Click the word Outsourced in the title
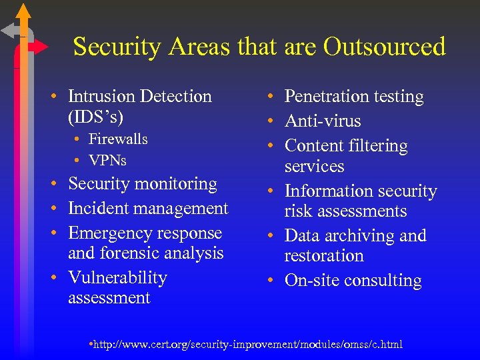(384, 47)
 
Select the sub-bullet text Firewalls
(118, 139)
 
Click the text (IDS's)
(95, 117)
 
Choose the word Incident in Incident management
(99, 209)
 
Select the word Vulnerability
(117, 278)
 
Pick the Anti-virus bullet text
(323, 121)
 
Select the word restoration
(324, 256)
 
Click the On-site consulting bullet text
(353, 281)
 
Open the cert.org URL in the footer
(247, 344)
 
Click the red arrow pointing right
(39, 47)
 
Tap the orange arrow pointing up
(23, 13)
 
